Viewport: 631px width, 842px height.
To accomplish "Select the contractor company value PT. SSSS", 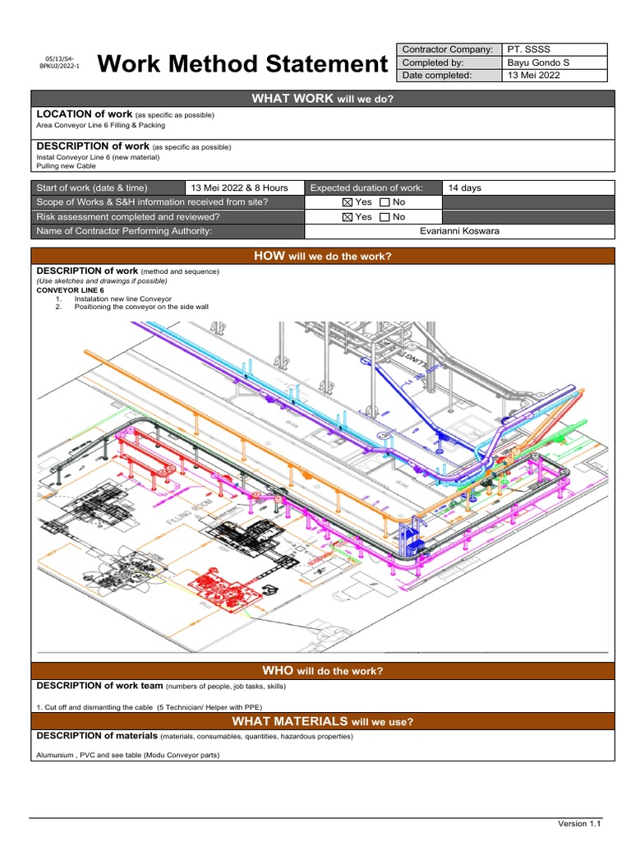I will click(x=529, y=49).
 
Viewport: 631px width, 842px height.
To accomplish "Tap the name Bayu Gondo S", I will click(x=537, y=62).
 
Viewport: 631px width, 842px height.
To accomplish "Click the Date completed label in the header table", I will click(x=437, y=76).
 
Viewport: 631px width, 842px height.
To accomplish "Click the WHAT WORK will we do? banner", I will click(x=322, y=99).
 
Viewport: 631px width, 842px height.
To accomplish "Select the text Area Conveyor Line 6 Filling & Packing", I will click(x=100, y=126).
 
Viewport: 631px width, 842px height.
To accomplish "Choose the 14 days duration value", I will click(x=465, y=188).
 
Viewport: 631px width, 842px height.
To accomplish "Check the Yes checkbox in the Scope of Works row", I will click(x=346, y=202).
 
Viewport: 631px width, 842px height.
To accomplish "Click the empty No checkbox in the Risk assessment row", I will click(x=385, y=217).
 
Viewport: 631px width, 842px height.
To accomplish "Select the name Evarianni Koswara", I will click(x=459, y=231).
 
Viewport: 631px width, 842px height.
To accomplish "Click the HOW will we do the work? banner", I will click(x=322, y=257).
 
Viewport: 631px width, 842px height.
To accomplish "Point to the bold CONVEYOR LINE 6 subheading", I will click(x=71, y=290).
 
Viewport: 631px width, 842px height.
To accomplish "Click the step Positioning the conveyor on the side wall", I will click(x=141, y=307).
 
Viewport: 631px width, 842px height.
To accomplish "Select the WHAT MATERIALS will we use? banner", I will click(x=322, y=722).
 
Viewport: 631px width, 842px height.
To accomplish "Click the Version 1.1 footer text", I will click(x=579, y=823).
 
